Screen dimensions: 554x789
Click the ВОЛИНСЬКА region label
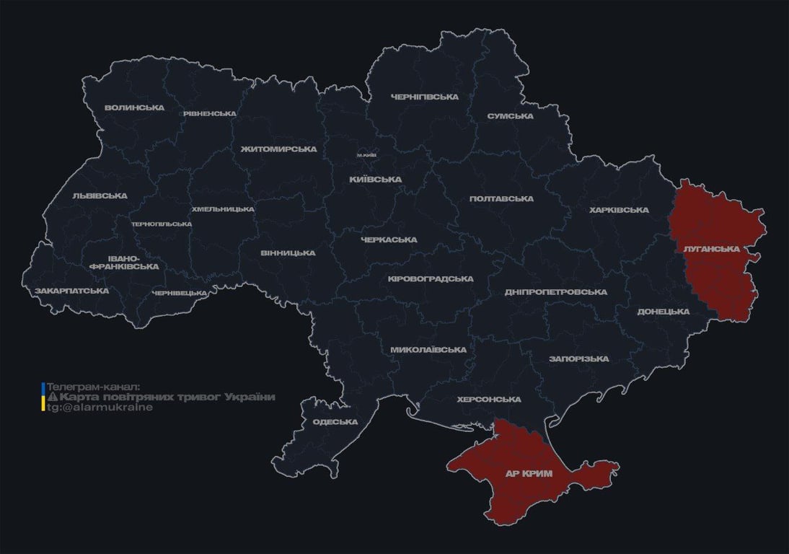[x=134, y=108]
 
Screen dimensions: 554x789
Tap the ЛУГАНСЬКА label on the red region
[x=711, y=249]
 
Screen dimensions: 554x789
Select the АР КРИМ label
[x=529, y=473]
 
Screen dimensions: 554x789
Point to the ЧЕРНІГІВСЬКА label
[x=425, y=97]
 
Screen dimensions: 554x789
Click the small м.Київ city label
[x=367, y=155]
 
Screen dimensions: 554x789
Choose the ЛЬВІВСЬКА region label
[x=100, y=195]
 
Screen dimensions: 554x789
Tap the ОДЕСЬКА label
[x=335, y=422]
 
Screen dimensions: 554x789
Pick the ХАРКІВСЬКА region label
[x=619, y=210]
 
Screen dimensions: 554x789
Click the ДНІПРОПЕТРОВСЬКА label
[x=555, y=291]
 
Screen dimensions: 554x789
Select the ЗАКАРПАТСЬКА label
[x=72, y=291]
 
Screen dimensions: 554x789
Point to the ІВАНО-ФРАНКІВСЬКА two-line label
[x=124, y=262]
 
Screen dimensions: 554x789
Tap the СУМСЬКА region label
[x=510, y=115]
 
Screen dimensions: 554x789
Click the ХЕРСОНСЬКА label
[x=489, y=399]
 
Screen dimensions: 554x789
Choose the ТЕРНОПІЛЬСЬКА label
[x=162, y=224]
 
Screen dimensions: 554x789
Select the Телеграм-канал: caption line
[x=94, y=387]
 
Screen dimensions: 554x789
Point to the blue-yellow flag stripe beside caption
[x=43, y=397]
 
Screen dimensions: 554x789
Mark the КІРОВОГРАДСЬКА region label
[x=431, y=278]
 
